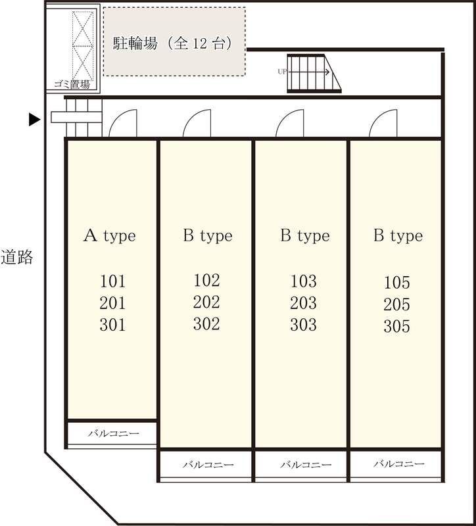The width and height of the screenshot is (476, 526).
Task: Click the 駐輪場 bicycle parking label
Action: (x=135, y=43)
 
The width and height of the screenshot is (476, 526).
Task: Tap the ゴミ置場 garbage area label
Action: (x=72, y=85)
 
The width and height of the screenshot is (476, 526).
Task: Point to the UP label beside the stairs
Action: (x=282, y=72)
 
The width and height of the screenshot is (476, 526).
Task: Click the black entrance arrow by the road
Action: (x=34, y=120)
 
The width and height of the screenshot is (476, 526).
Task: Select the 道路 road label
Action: (x=16, y=257)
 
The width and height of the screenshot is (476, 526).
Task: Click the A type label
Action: (x=109, y=236)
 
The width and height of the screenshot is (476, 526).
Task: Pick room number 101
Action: (x=112, y=281)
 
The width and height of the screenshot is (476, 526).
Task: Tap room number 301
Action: (x=112, y=325)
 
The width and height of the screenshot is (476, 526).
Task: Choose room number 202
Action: (x=206, y=302)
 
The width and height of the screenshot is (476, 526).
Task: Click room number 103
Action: (x=303, y=281)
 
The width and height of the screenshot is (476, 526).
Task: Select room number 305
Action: (x=397, y=326)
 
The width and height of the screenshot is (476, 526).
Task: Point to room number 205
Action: (x=397, y=304)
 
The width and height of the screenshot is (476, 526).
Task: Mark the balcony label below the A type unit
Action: (x=113, y=433)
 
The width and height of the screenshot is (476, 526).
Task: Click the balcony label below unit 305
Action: (x=399, y=464)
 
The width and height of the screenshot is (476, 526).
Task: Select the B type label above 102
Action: (x=208, y=236)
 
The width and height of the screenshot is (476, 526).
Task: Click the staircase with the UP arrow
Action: (x=314, y=73)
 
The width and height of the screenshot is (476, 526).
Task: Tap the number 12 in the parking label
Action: (x=200, y=43)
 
